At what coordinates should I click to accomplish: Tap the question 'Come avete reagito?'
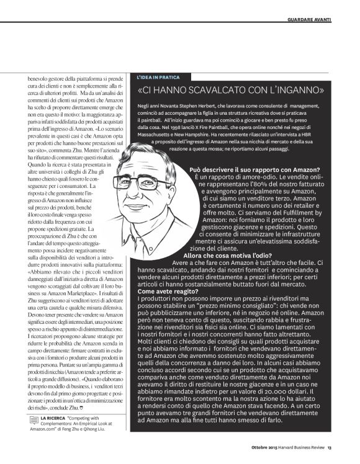pos(164,290)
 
